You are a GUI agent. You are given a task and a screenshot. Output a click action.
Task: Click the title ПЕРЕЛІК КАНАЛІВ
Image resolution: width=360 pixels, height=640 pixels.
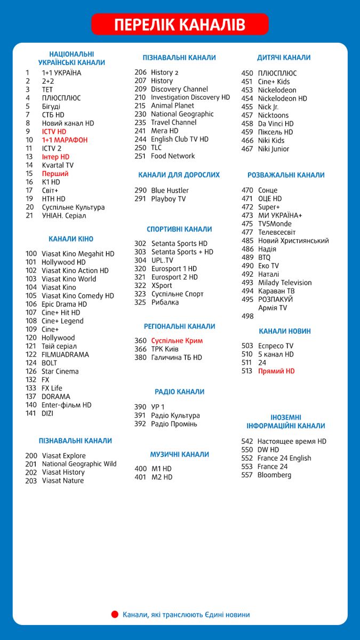tap(180, 25)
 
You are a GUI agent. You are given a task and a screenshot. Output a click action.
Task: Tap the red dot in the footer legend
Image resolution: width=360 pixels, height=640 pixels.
tap(115, 614)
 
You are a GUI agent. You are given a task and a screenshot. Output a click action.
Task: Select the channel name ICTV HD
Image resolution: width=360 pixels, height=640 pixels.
tap(54, 132)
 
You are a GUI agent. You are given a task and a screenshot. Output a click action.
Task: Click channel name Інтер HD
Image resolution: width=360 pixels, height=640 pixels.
tap(55, 157)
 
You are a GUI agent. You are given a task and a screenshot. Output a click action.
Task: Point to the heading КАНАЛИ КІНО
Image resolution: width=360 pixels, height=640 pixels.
tap(71, 239)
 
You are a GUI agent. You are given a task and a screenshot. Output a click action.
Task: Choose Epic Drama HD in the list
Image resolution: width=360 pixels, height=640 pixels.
tap(64, 304)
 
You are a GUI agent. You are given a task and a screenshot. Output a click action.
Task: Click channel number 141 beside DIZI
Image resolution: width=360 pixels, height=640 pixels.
tap(31, 413)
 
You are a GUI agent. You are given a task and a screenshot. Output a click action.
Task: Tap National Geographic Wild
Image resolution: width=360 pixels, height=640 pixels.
tap(79, 464)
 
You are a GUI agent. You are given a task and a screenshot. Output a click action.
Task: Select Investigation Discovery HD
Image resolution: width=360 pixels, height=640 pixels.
tap(190, 98)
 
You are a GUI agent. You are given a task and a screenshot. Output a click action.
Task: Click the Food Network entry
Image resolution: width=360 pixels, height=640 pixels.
tap(173, 156)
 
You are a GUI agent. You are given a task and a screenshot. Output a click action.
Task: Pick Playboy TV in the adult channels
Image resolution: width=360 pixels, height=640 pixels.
tap(169, 199)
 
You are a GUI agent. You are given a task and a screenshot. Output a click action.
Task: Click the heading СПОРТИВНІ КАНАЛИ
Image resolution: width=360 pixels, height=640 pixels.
tap(179, 229)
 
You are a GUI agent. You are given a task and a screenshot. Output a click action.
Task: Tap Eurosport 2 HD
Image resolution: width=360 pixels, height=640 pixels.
tap(174, 277)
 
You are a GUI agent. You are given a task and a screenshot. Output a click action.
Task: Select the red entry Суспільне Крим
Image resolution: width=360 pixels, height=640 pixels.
tap(177, 341)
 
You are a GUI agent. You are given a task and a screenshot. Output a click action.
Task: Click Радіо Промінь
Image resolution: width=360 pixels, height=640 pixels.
tap(174, 424)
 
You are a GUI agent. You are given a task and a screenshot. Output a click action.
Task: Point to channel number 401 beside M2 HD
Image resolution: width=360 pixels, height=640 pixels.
tap(140, 477)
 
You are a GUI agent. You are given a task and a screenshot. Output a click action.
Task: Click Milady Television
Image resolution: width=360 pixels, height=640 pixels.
tap(285, 283)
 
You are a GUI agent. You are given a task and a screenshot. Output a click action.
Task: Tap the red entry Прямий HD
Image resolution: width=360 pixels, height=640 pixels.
tap(276, 371)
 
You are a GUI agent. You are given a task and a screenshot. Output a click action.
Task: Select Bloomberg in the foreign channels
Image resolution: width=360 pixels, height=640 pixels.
tap(274, 475)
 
